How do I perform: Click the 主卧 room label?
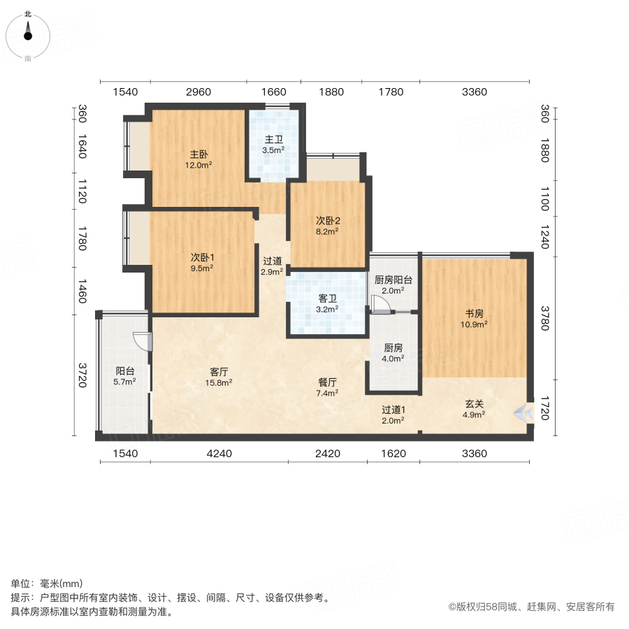pyautogui.click(x=199, y=154)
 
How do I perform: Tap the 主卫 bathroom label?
pyautogui.click(x=273, y=139)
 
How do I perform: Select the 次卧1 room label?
pyautogui.click(x=202, y=257)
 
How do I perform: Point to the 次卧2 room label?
pyautogui.click(x=328, y=221)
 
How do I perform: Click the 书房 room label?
pyautogui.click(x=474, y=314)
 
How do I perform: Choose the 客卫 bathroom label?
pyautogui.click(x=327, y=298)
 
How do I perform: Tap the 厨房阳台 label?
pyautogui.click(x=393, y=280)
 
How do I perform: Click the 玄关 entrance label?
pyautogui.click(x=474, y=404)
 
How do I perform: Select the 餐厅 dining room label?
pyautogui.click(x=327, y=382)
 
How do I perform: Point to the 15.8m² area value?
pyautogui.click(x=219, y=383)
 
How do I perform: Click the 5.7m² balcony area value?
pyautogui.click(x=124, y=382)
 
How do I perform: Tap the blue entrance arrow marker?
pyautogui.click(x=524, y=412)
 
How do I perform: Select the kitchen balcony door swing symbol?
pyautogui.click(x=380, y=305)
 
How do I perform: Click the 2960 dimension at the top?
pyautogui.click(x=198, y=92)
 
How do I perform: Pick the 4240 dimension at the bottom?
pyautogui.click(x=219, y=454)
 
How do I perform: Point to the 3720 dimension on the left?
pyautogui.click(x=82, y=375)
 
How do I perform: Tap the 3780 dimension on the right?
pyautogui.click(x=544, y=318)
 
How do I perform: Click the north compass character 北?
pyautogui.click(x=28, y=14)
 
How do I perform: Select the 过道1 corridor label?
pyautogui.click(x=393, y=410)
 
